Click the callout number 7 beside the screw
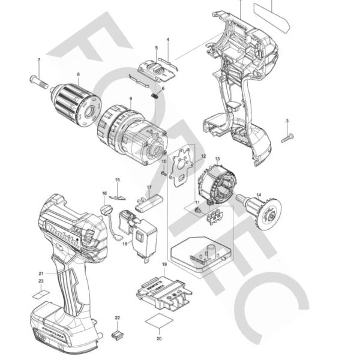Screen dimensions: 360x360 (x=39, y=60)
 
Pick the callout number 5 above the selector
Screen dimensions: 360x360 (x=156, y=47)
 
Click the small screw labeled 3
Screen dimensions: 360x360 (x=287, y=138)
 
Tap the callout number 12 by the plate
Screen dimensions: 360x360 (x=203, y=156)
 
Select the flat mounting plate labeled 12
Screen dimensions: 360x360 (x=183, y=165)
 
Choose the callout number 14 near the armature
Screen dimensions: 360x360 (x=259, y=194)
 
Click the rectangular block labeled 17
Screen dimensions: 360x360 (x=149, y=203)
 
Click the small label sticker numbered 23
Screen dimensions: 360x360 (x=41, y=295)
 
